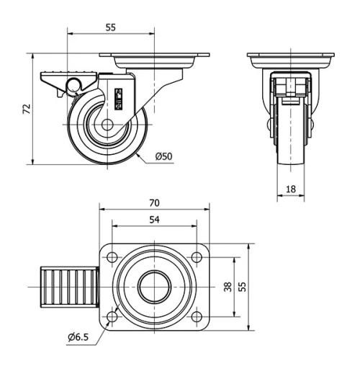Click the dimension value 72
(27, 110)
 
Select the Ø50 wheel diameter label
(164, 157)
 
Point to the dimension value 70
(154, 202)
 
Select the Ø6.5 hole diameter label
(79, 336)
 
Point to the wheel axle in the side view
(107, 125)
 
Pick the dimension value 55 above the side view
(111, 27)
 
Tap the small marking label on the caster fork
(120, 97)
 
